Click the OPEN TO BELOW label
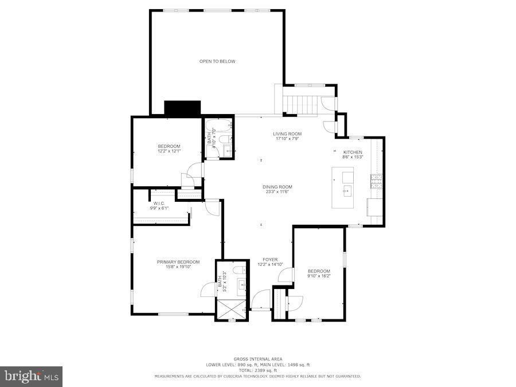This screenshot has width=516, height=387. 217,61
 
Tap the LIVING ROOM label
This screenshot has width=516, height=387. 287,134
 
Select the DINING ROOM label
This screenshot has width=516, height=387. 277,187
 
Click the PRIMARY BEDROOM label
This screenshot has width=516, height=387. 178,262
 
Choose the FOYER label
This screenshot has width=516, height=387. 270,260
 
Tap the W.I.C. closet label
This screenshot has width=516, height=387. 159,204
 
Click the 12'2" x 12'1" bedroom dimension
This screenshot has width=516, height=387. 169,151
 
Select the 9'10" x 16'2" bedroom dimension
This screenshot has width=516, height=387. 319,276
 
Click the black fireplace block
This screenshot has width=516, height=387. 182,108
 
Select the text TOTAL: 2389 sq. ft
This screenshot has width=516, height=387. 257,370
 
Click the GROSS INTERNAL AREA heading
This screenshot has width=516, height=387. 257,359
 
